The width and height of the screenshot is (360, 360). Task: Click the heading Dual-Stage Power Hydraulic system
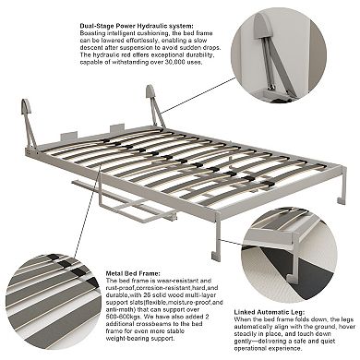tap(137, 26)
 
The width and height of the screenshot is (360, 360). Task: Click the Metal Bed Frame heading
tap(133, 273)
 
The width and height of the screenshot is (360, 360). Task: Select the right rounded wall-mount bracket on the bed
tap(150, 92)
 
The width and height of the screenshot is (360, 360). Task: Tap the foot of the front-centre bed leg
tap(216, 256)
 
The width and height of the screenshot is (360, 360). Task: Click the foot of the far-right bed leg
tap(342, 201)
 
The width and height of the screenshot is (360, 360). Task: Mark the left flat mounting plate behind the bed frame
tap(69, 137)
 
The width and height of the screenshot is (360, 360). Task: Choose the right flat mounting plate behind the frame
tap(117, 129)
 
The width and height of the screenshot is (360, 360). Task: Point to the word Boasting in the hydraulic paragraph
tap(91, 33)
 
